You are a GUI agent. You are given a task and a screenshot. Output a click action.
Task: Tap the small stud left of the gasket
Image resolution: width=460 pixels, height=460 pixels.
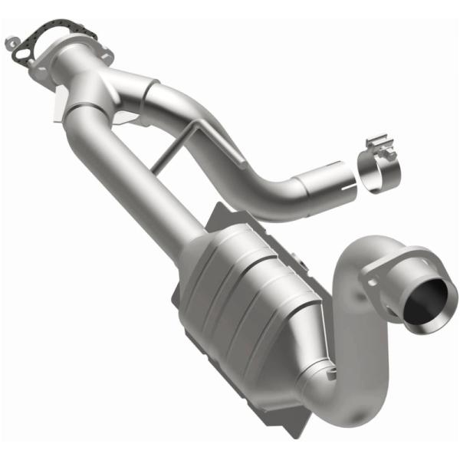(x=11, y=40)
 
